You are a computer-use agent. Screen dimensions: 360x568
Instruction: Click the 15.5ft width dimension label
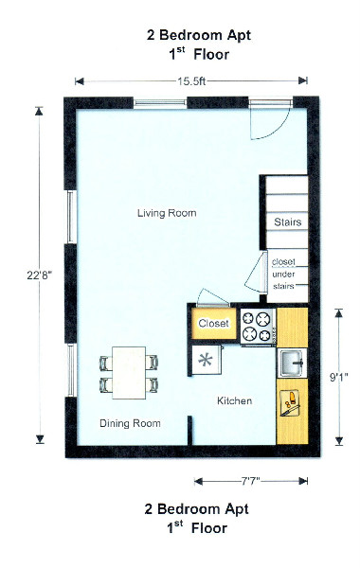pos(191,81)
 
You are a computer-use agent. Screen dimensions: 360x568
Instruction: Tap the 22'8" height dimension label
pos(40,275)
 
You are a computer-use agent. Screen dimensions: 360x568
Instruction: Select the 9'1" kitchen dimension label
pos(338,377)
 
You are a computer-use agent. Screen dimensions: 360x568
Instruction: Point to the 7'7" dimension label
pos(251,481)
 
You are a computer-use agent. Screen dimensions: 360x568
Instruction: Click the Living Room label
pos(167,213)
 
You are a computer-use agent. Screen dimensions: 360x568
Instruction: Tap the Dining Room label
pos(130,423)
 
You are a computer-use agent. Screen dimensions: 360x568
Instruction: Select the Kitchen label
pos(234,400)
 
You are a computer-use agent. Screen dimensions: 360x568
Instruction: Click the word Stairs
pos(287,222)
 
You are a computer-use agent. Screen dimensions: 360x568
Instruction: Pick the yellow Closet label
pos(213,323)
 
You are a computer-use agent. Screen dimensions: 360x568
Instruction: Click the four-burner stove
pos(258,327)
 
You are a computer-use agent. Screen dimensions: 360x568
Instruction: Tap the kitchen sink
pos(292,363)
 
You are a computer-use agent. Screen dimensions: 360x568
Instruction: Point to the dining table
pos(129,373)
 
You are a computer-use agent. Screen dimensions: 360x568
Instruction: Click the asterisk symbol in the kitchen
pos(206,360)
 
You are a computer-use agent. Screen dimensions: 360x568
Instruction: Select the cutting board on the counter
pos(290,402)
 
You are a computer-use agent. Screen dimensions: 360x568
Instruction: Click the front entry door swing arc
pos(279,130)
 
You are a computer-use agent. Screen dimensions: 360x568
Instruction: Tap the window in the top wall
pos(160,103)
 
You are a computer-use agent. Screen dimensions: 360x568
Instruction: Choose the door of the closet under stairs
pos(256,271)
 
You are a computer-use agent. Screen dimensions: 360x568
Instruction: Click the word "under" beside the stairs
pos(283,275)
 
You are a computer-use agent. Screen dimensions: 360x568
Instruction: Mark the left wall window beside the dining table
pos(71,370)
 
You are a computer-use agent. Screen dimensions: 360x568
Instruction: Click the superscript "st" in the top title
pos(180,49)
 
